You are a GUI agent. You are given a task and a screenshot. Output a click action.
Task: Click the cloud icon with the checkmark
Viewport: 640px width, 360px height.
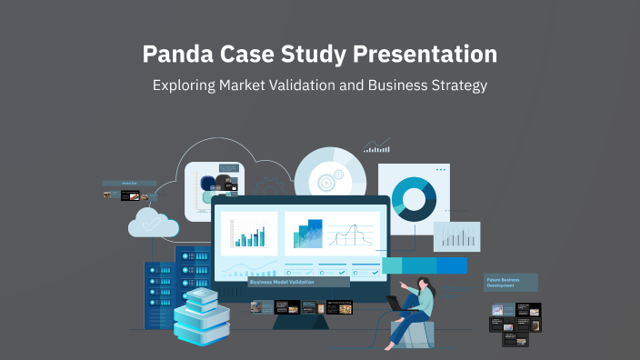153,222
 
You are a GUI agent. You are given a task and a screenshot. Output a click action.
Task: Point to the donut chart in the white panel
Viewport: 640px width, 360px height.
414,198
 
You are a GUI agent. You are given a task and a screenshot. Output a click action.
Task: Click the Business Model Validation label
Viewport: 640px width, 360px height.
282,282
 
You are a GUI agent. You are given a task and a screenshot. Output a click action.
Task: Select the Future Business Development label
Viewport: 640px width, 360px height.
510,282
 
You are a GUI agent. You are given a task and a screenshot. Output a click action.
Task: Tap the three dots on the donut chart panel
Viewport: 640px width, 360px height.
441,170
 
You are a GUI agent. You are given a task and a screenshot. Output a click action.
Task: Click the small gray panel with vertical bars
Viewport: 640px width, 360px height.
456,236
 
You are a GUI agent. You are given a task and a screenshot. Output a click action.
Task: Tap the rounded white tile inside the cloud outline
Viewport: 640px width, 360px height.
215,191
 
